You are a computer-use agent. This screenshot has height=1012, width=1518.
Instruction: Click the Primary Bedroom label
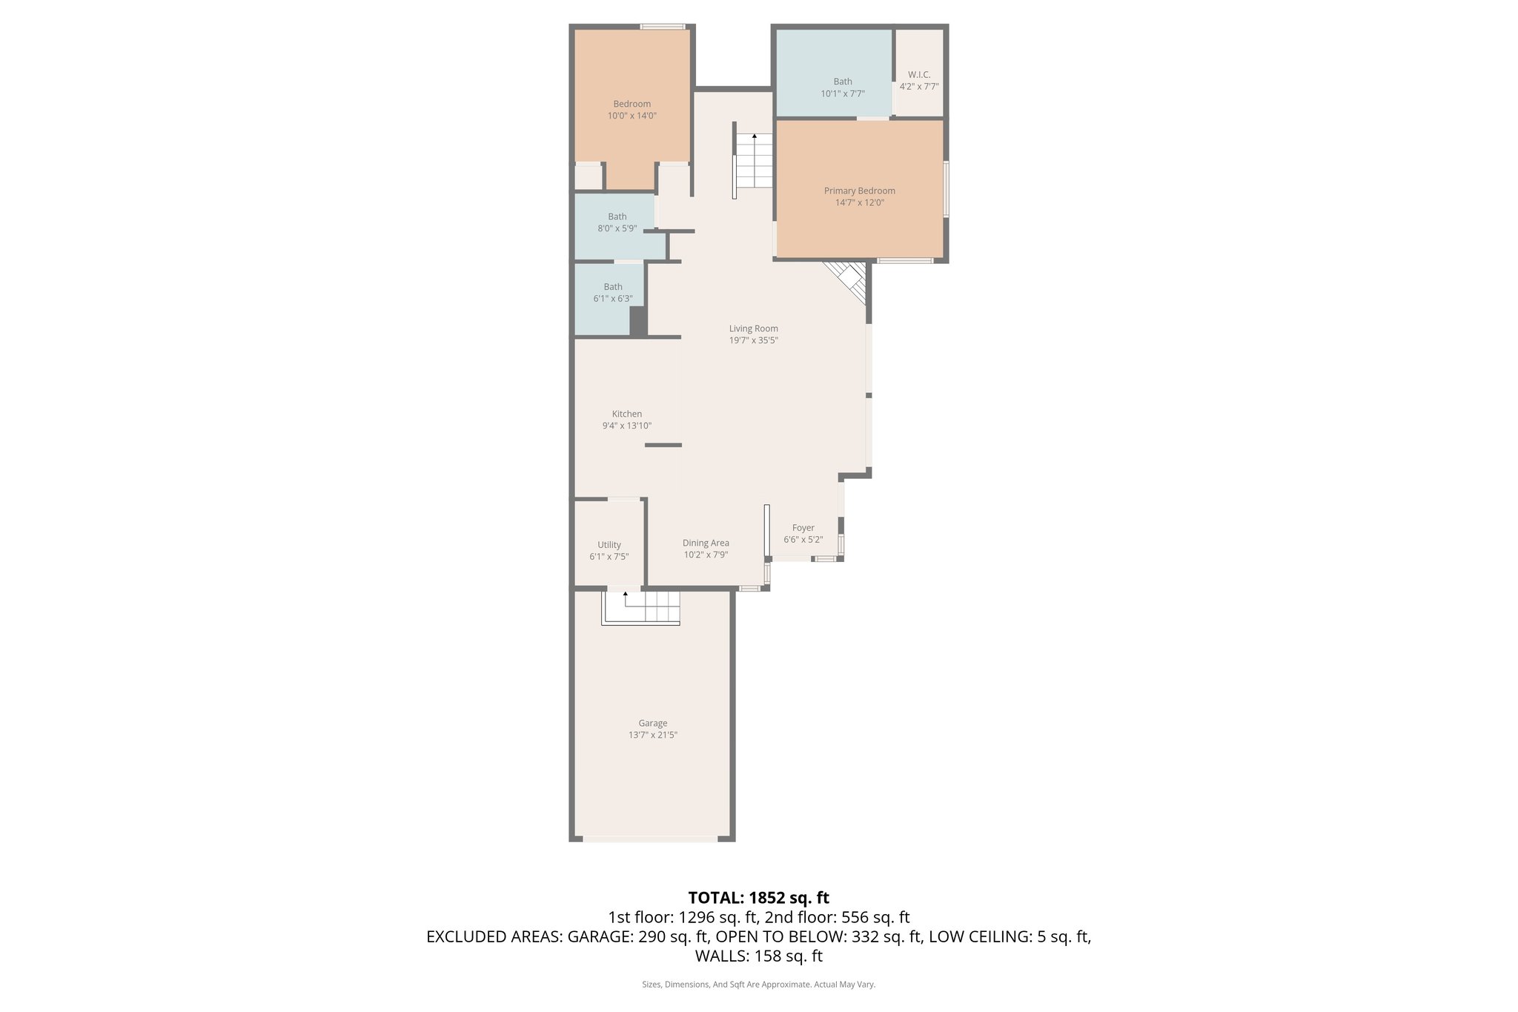point(859,191)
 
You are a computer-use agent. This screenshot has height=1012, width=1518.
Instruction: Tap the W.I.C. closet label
point(919,75)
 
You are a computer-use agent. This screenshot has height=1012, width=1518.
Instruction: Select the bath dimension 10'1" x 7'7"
point(842,94)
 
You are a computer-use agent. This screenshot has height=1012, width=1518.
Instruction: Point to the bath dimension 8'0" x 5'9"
point(617,229)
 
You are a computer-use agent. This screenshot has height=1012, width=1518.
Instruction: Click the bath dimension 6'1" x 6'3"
point(612,299)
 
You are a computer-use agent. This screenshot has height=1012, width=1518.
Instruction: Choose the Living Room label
point(753,328)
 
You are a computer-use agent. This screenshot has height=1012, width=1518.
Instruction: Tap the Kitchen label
point(626,414)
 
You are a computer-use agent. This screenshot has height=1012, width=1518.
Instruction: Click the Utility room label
point(609,545)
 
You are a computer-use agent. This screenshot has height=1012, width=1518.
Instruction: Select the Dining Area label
point(706,543)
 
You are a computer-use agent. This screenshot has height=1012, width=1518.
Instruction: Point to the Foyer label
point(803,528)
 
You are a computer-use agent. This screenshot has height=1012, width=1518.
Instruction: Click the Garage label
point(652,723)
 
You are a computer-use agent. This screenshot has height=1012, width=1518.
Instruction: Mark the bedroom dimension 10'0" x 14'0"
point(632,116)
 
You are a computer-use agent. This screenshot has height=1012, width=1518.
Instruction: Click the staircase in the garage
point(642,607)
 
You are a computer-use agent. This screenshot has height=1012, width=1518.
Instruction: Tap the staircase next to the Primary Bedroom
point(754,161)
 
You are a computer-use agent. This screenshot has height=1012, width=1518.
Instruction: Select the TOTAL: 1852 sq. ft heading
point(758,898)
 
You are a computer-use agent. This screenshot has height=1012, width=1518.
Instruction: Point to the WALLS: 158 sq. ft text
point(758,956)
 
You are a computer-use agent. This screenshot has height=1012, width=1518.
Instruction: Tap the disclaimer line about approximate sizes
point(758,985)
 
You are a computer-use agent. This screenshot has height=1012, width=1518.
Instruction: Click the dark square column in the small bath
point(637,321)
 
